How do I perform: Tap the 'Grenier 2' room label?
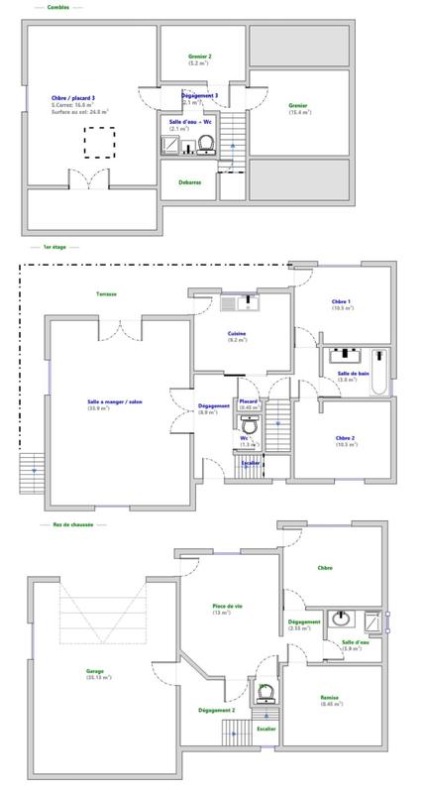click(200, 57)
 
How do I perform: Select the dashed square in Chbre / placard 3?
click(98, 144)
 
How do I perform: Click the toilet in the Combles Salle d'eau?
click(206, 146)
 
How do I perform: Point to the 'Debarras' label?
click(191, 181)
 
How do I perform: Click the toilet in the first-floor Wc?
click(250, 423)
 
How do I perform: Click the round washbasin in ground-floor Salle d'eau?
click(341, 619)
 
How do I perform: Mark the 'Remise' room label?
click(330, 697)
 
